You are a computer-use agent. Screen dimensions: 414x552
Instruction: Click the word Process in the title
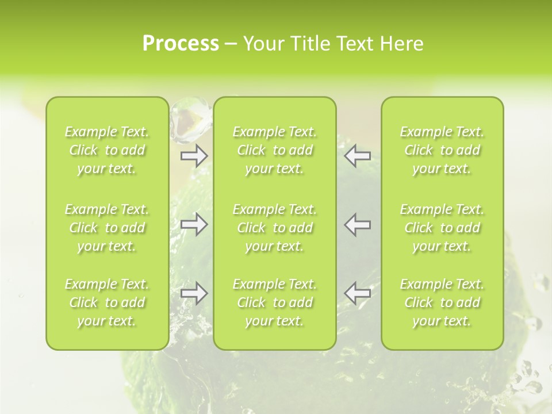coord(181,44)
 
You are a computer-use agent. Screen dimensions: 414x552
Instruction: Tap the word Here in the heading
coord(402,44)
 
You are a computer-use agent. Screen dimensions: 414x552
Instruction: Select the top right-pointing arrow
coord(194,155)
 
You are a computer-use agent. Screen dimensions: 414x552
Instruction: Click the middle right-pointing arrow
coord(194,224)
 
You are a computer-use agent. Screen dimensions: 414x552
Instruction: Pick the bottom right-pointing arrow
coord(194,293)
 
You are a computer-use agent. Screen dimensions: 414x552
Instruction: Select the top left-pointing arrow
coord(357,155)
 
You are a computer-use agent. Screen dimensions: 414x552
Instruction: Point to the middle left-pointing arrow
coord(357,224)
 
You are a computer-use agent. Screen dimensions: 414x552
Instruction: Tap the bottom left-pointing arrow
coord(357,293)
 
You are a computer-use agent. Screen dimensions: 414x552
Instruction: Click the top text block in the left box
coord(107,150)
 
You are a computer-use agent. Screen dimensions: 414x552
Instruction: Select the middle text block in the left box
coord(107,228)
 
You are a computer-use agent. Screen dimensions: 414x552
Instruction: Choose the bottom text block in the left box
coord(107,302)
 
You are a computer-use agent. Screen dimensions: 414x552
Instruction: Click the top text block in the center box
coord(275,150)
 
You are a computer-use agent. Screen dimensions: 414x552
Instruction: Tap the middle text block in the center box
coord(275,228)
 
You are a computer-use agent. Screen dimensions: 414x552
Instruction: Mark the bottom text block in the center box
coord(275,302)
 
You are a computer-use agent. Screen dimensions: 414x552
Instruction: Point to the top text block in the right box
coord(442,150)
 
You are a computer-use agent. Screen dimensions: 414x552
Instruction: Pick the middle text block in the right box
coord(442,228)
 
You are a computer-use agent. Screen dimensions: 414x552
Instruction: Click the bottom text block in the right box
coord(442,302)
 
